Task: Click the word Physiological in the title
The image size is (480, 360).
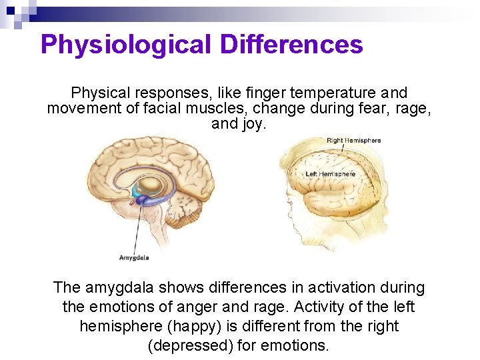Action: [x=126, y=45]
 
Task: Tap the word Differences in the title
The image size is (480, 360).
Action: [x=291, y=45]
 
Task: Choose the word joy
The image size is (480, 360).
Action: [x=252, y=123]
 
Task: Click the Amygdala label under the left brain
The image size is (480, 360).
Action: [x=134, y=257]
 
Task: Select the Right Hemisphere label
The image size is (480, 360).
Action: [x=353, y=140]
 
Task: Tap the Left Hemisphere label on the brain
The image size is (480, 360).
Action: [x=330, y=175]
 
